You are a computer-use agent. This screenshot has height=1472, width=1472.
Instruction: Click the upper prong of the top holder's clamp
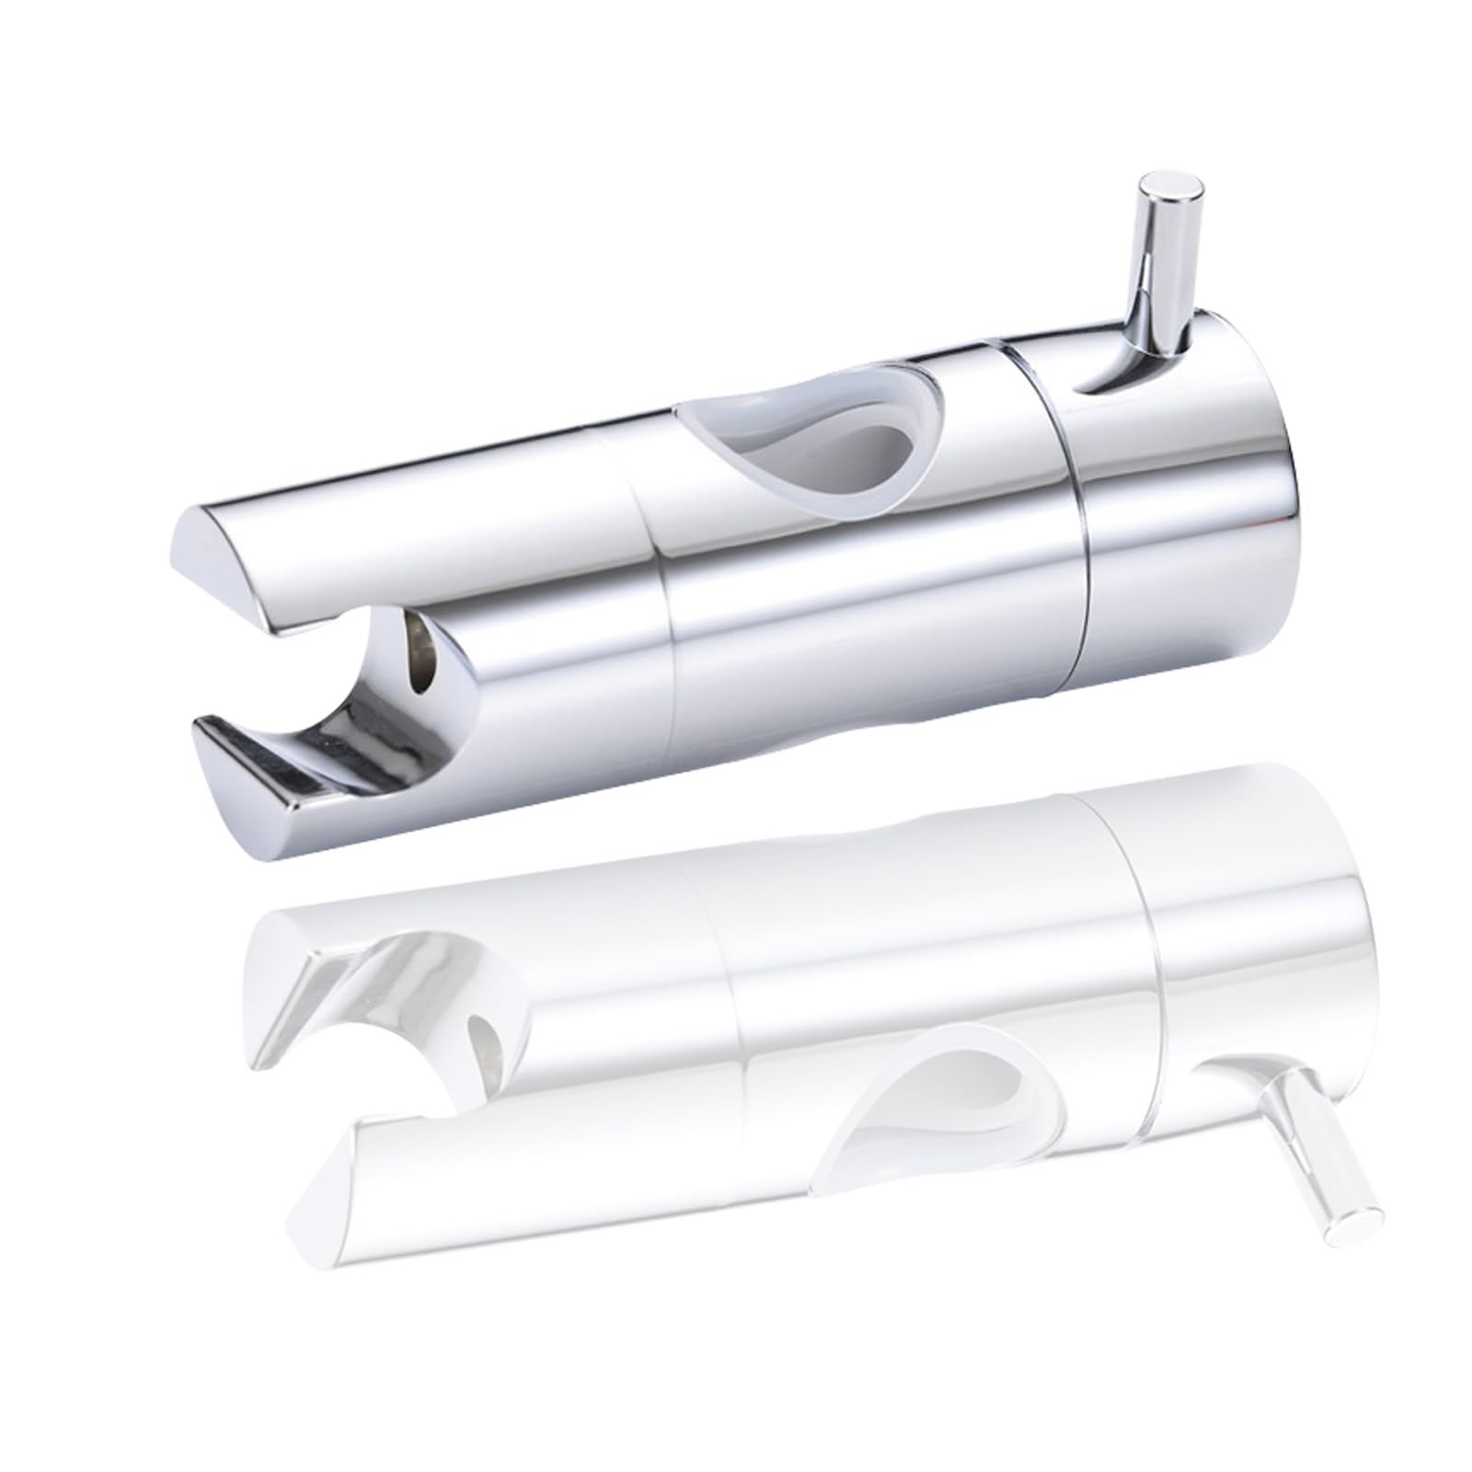click(276, 561)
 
